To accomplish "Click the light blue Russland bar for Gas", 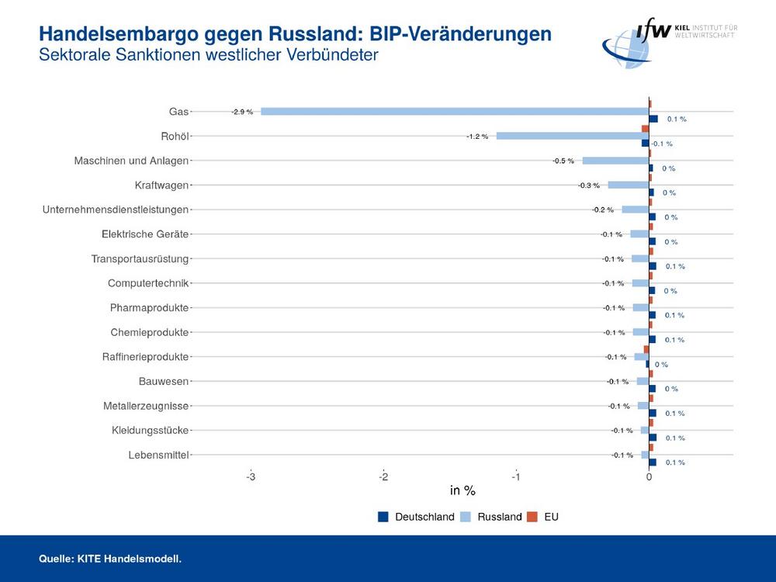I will pos(455,112).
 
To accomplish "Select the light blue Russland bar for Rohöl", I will pos(572,136).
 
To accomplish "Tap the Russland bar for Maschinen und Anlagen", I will pos(615,161).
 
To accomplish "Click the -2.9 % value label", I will pos(242,112).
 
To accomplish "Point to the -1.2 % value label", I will pos(477,137).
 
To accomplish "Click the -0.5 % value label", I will pos(563,161).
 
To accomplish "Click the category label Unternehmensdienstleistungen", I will pos(116,210).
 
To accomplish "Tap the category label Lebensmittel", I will pos(158,455).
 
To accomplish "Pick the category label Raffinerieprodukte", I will pos(145,357).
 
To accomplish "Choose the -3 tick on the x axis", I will pos(251,476).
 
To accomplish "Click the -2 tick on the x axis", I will pos(383,476).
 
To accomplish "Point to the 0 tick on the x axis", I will pos(649,476).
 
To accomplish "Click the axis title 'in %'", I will pos(462,490).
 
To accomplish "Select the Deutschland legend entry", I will pos(416,517).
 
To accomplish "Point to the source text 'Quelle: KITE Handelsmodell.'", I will pos(110,558).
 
